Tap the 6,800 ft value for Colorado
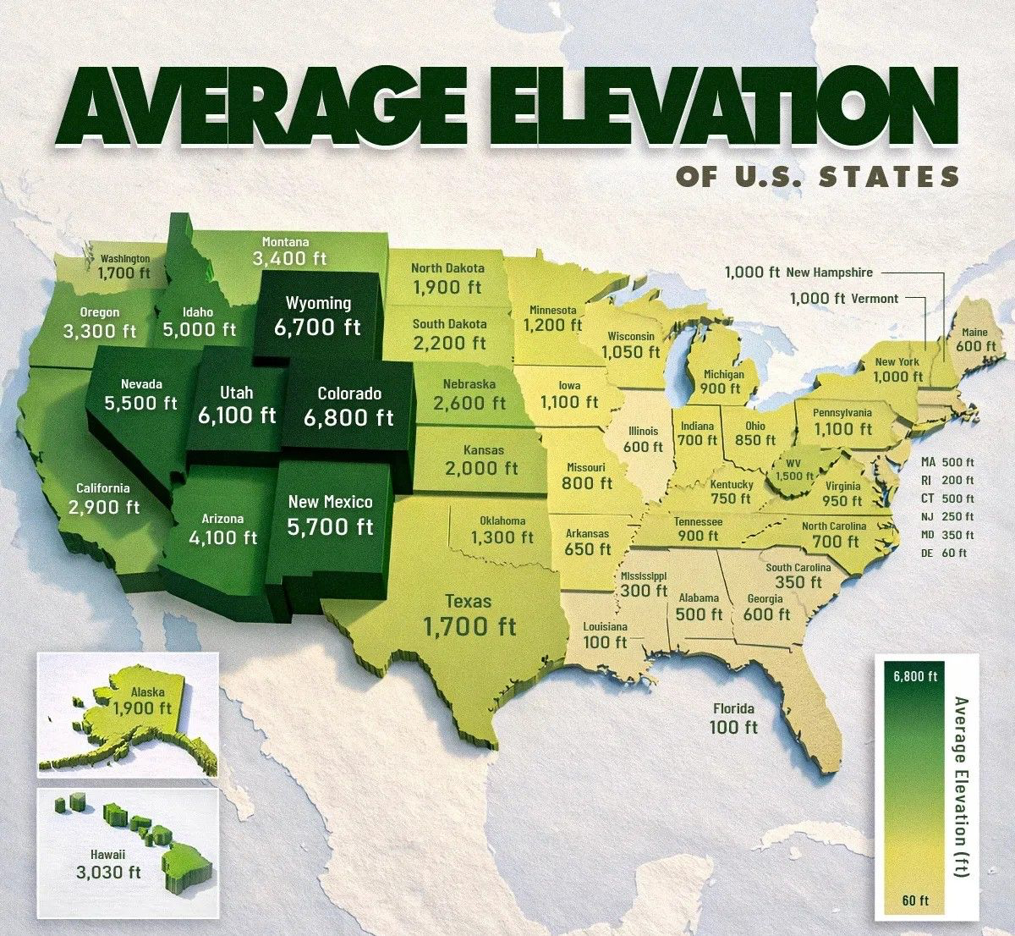point(349,417)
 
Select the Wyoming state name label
point(318,303)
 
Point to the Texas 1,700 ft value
point(469,626)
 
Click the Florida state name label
point(733,708)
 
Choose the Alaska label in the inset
point(147,691)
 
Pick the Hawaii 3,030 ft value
point(108,873)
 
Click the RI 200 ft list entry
point(946,480)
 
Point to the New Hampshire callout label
point(829,273)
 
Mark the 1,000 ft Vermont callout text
point(843,299)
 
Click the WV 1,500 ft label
point(793,470)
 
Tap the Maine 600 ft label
point(975,340)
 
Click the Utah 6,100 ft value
point(237,415)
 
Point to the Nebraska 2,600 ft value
point(469,403)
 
